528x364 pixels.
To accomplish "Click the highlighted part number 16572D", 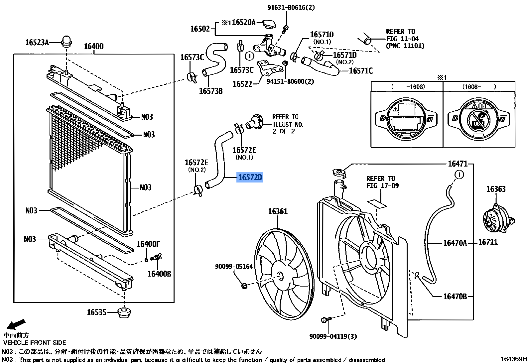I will pyautogui.click(x=250, y=178).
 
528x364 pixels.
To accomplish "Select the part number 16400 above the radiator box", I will pyautogui.click(x=94, y=47).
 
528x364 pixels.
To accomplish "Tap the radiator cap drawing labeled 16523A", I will pyautogui.click(x=66, y=41).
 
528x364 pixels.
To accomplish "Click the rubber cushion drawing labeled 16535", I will pyautogui.click(x=124, y=312).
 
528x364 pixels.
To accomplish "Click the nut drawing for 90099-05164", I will pyautogui.click(x=244, y=286).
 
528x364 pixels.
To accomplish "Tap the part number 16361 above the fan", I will pyautogui.click(x=278, y=211).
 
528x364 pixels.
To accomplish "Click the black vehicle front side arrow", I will pyautogui.click(x=16, y=324).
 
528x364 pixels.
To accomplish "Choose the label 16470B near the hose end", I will pyautogui.click(x=455, y=297).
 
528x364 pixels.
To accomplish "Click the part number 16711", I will pyautogui.click(x=488, y=242).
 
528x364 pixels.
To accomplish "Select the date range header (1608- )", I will pyautogui.click(x=479, y=87).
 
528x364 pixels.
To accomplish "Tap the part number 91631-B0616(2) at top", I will pyautogui.click(x=291, y=7).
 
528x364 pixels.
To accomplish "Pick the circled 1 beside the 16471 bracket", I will pyautogui.click(x=459, y=175).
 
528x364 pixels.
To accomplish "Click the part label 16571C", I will pyautogui.click(x=361, y=71).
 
